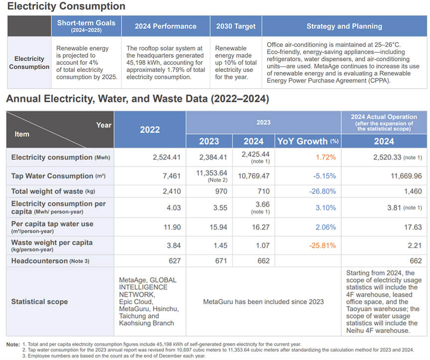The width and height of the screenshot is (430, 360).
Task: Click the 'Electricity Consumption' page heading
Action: (66, 6)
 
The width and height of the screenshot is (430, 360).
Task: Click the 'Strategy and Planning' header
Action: (344, 26)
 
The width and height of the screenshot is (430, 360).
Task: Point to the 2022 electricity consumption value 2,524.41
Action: (166, 158)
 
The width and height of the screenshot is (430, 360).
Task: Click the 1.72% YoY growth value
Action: (325, 158)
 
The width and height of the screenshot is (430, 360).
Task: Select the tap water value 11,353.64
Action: (209, 173)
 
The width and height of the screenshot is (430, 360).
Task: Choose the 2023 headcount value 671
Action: (221, 261)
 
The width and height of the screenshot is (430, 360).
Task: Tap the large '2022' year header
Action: (149, 129)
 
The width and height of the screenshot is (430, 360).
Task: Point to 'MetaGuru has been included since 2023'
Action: (263, 302)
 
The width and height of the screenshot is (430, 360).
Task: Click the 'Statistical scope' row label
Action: (39, 302)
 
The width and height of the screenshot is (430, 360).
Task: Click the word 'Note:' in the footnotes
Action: (13, 345)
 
